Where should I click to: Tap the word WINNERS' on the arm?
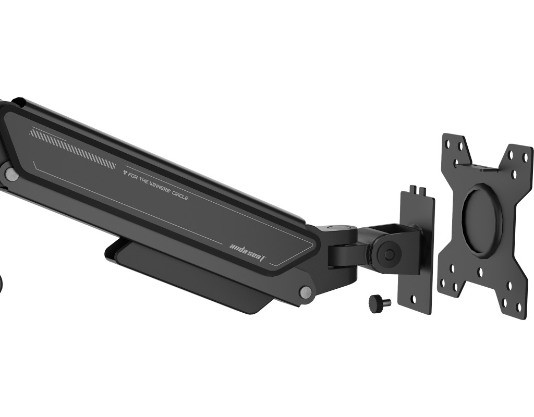tap(160, 189)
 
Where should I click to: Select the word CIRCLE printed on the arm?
tap(179, 196)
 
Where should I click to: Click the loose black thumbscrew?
tap(380, 302)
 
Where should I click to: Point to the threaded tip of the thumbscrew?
tap(388, 302)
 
